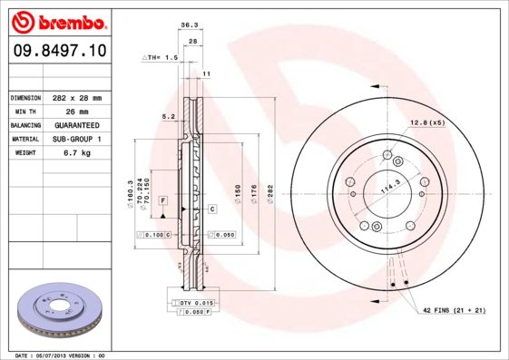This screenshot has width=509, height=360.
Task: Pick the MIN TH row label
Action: [x=25, y=111]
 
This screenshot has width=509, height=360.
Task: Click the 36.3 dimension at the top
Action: [x=190, y=25]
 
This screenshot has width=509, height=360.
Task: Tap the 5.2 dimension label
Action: [x=167, y=116]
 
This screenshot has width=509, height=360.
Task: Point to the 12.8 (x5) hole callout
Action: [x=426, y=122]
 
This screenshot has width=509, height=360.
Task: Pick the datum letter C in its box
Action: [x=211, y=209]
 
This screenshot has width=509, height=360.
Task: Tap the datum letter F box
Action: [x=162, y=199]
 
